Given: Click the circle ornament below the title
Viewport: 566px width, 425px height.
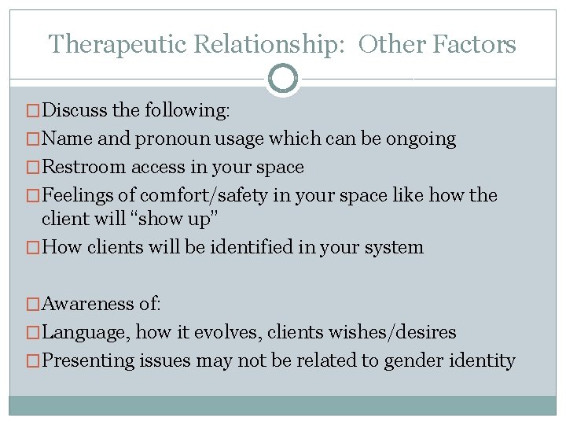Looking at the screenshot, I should [283, 79].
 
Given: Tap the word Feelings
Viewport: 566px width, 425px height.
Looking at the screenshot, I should [78, 194].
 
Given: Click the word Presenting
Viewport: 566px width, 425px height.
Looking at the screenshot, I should [87, 360].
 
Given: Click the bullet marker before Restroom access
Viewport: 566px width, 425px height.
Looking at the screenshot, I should [32, 168].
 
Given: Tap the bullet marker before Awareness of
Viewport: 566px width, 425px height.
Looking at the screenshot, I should [32, 305].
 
